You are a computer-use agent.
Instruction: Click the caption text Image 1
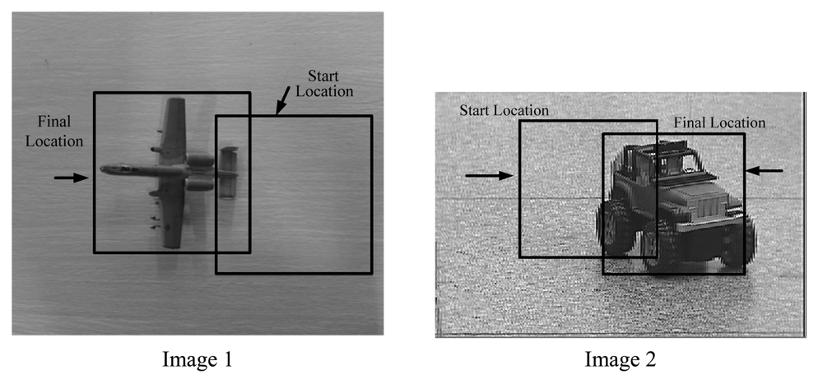(x=198, y=359)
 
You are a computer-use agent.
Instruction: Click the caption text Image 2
(x=621, y=359)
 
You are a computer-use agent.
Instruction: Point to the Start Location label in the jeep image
(x=504, y=109)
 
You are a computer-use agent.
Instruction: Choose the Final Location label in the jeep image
(x=719, y=122)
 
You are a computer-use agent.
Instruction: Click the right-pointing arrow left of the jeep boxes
(x=488, y=175)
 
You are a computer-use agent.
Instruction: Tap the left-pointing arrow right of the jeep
(x=765, y=171)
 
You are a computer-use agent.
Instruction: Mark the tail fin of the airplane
(x=229, y=173)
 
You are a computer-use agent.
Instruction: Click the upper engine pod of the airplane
(x=201, y=159)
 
